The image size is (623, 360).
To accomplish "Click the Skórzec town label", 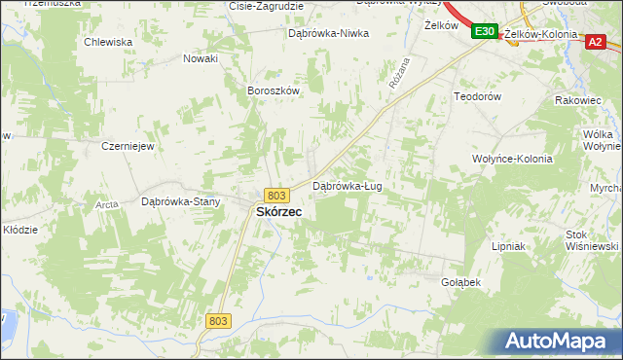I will pos(277,211).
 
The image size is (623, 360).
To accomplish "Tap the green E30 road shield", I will pos(485,32).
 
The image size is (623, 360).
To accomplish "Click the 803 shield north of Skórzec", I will pos(276,195).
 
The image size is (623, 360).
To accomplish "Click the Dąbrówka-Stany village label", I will pos(181,202).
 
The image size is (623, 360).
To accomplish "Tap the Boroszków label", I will pos(272,90).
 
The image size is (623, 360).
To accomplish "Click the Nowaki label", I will pos(201,58).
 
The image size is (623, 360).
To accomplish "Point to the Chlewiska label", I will pos(108,42).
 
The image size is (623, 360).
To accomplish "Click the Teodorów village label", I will pos(477,97).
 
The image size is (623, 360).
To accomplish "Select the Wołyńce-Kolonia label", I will pos(511,159).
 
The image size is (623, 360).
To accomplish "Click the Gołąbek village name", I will pos(460,281).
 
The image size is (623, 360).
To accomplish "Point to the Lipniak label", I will pos(508,246).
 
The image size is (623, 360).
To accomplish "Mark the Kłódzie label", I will pos(19,230).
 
